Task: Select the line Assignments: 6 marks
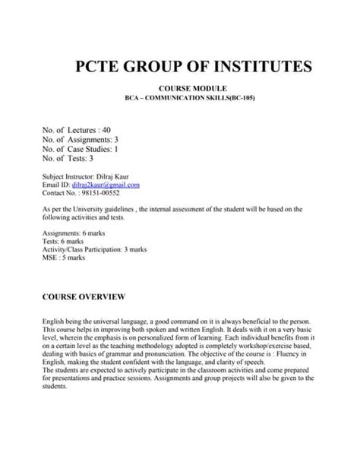tap(80, 232)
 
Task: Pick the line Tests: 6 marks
tap(69, 240)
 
